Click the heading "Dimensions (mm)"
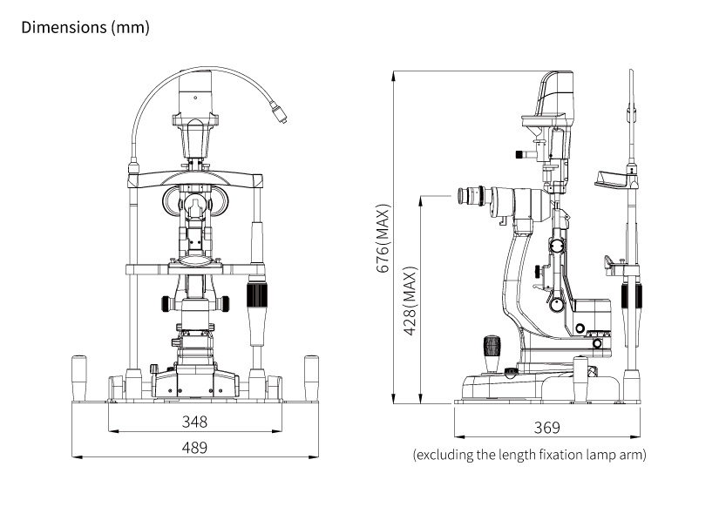(85, 27)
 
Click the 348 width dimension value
(194, 422)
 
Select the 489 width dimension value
(194, 447)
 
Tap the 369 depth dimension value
(546, 427)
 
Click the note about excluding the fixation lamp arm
(529, 455)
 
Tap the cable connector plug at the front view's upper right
(279, 114)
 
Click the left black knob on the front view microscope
(165, 304)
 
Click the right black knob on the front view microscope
(225, 304)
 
